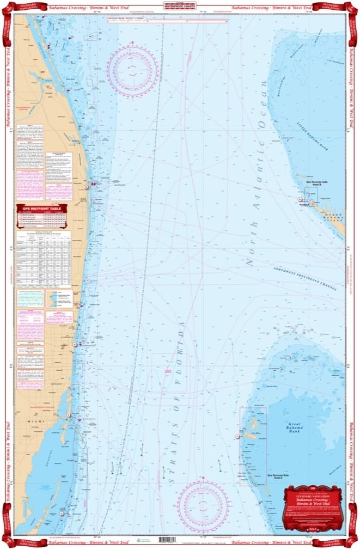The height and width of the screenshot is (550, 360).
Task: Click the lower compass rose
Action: pos(202,505)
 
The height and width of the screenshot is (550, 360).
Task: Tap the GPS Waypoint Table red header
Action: pos(42,208)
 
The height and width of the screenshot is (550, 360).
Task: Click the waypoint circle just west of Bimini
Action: pos(237,436)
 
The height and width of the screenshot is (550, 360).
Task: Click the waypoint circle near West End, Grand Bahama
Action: pos(300,200)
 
